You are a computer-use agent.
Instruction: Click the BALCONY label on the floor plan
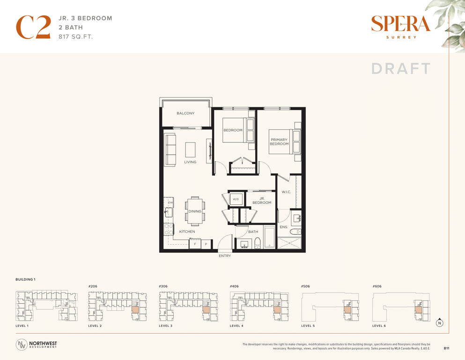click(x=185, y=113)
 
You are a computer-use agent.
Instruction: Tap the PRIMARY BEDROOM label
click(x=279, y=142)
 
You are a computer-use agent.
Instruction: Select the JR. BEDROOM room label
click(x=262, y=201)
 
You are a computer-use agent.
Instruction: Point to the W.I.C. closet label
click(x=286, y=192)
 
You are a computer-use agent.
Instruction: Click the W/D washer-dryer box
click(x=236, y=199)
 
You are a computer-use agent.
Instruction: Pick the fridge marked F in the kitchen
click(x=195, y=244)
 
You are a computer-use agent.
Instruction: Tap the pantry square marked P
click(x=207, y=244)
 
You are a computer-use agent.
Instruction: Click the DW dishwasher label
click(x=170, y=202)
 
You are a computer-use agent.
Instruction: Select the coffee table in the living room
click(x=191, y=150)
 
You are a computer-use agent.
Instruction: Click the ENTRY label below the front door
click(x=225, y=255)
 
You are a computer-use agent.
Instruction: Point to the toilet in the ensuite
click(x=295, y=232)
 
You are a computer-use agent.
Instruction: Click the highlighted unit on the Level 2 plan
click(x=135, y=309)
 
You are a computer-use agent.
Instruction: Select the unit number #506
click(x=305, y=286)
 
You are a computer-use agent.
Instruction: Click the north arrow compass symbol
click(x=440, y=322)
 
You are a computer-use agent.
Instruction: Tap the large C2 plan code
click(x=33, y=27)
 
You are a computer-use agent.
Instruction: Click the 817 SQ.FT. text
click(x=75, y=37)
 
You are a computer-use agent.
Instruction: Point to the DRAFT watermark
click(x=401, y=68)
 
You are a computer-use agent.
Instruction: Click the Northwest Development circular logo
click(x=22, y=345)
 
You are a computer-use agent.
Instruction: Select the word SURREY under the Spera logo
click(x=401, y=37)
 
